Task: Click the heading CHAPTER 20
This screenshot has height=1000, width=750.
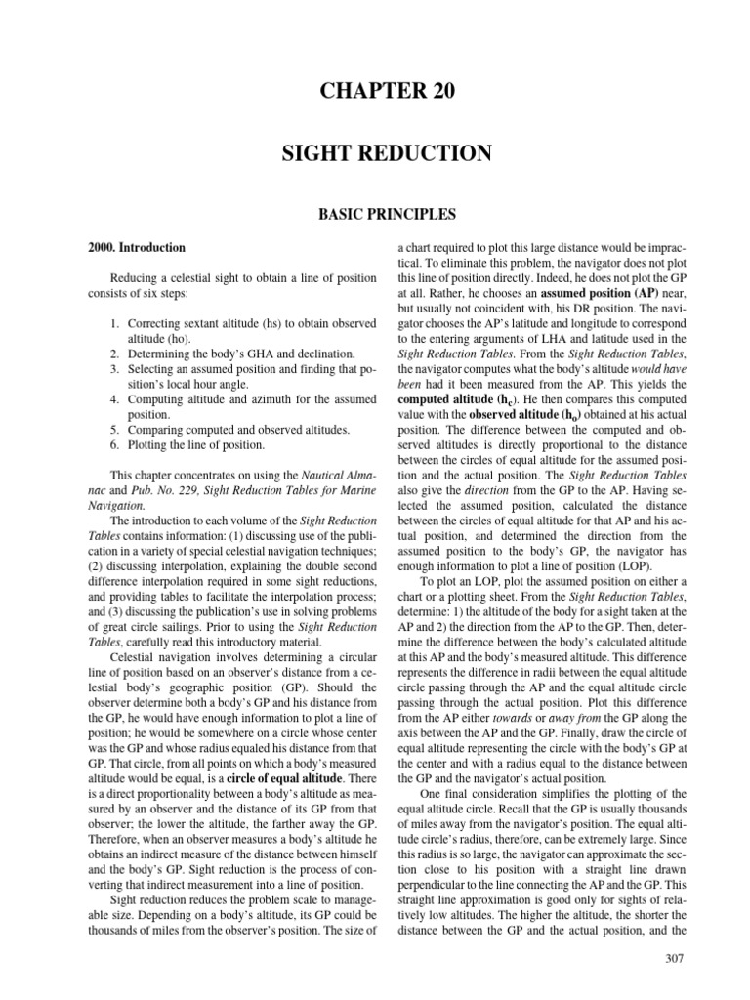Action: (x=375, y=92)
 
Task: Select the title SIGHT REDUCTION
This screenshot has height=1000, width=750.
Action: (x=375, y=153)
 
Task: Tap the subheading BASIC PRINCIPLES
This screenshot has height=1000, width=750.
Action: (x=375, y=211)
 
